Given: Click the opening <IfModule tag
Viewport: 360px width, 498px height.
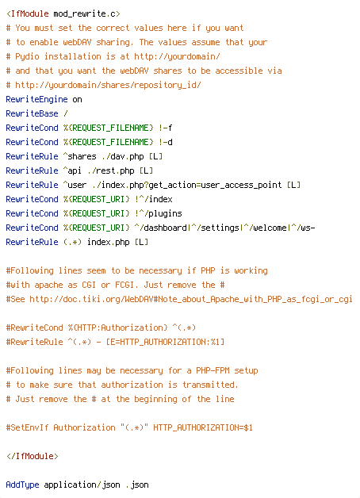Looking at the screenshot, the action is click(x=27, y=14).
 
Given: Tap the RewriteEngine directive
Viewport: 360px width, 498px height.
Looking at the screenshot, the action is click(x=36, y=100).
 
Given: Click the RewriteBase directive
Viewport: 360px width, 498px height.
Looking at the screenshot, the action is click(x=32, y=113).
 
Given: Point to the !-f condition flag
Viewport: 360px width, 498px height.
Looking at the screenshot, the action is click(x=165, y=128).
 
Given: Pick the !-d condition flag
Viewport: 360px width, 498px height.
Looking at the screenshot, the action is click(x=165, y=142).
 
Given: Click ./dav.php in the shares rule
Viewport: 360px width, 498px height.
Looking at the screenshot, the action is click(x=122, y=156).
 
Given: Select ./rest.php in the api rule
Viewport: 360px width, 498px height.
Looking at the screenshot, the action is click(x=110, y=170).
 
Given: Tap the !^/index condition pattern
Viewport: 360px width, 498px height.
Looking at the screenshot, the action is click(x=153, y=199).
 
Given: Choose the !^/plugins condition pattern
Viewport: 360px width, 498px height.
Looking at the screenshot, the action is click(x=158, y=213).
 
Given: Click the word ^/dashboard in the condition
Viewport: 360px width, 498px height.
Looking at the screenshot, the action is click(x=160, y=228).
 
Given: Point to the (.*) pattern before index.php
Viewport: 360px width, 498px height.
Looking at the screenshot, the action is click(x=72, y=242).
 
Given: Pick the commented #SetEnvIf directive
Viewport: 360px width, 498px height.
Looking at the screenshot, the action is click(x=27, y=427).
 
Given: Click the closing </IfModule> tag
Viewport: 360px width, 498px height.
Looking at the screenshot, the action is click(x=32, y=457).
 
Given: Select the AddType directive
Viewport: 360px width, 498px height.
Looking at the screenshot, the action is click(x=22, y=485).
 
